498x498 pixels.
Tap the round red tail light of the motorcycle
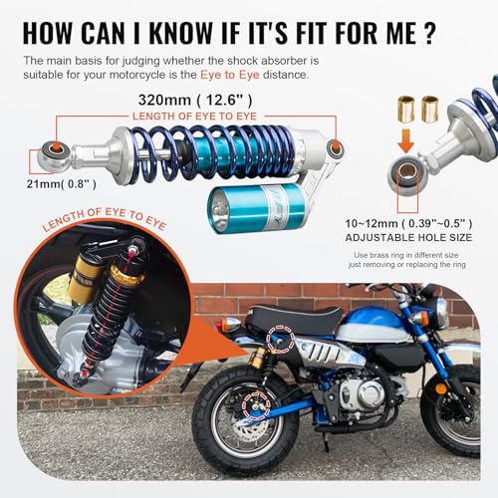click(231, 325)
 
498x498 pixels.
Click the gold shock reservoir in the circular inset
click(86, 278)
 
